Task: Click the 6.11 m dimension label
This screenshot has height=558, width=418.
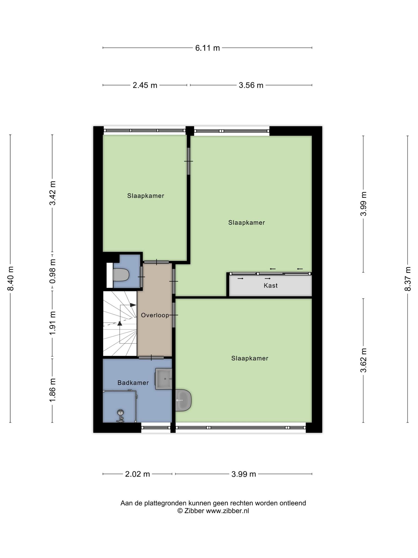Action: pyautogui.click(x=207, y=48)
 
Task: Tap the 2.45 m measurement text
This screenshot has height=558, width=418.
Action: pyautogui.click(x=145, y=85)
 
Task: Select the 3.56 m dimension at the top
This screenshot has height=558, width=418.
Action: pyautogui.click(x=251, y=85)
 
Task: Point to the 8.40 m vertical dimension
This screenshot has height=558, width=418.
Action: pyautogui.click(x=11, y=278)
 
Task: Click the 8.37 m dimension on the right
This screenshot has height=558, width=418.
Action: pyautogui.click(x=407, y=278)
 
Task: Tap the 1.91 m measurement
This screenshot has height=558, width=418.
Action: pyautogui.click(x=53, y=323)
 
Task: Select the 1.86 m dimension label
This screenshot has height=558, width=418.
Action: pyautogui.click(x=53, y=390)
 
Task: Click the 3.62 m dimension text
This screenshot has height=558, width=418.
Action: pyautogui.click(x=364, y=360)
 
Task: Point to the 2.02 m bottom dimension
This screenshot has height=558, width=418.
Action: pyautogui.click(x=137, y=474)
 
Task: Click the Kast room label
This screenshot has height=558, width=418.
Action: pyautogui.click(x=271, y=286)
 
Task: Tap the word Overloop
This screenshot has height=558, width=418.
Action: pyautogui.click(x=155, y=315)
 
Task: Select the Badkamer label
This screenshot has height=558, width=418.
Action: pyautogui.click(x=133, y=383)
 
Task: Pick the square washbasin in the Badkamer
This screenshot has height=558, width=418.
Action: pyautogui.click(x=164, y=379)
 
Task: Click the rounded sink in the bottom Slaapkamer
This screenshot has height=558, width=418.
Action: pyautogui.click(x=183, y=400)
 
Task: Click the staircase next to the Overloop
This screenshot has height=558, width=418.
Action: pyautogui.click(x=120, y=323)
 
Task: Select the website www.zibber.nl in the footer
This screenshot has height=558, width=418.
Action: pyautogui.click(x=227, y=511)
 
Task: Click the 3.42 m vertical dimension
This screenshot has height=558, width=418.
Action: pyautogui.click(x=53, y=193)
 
